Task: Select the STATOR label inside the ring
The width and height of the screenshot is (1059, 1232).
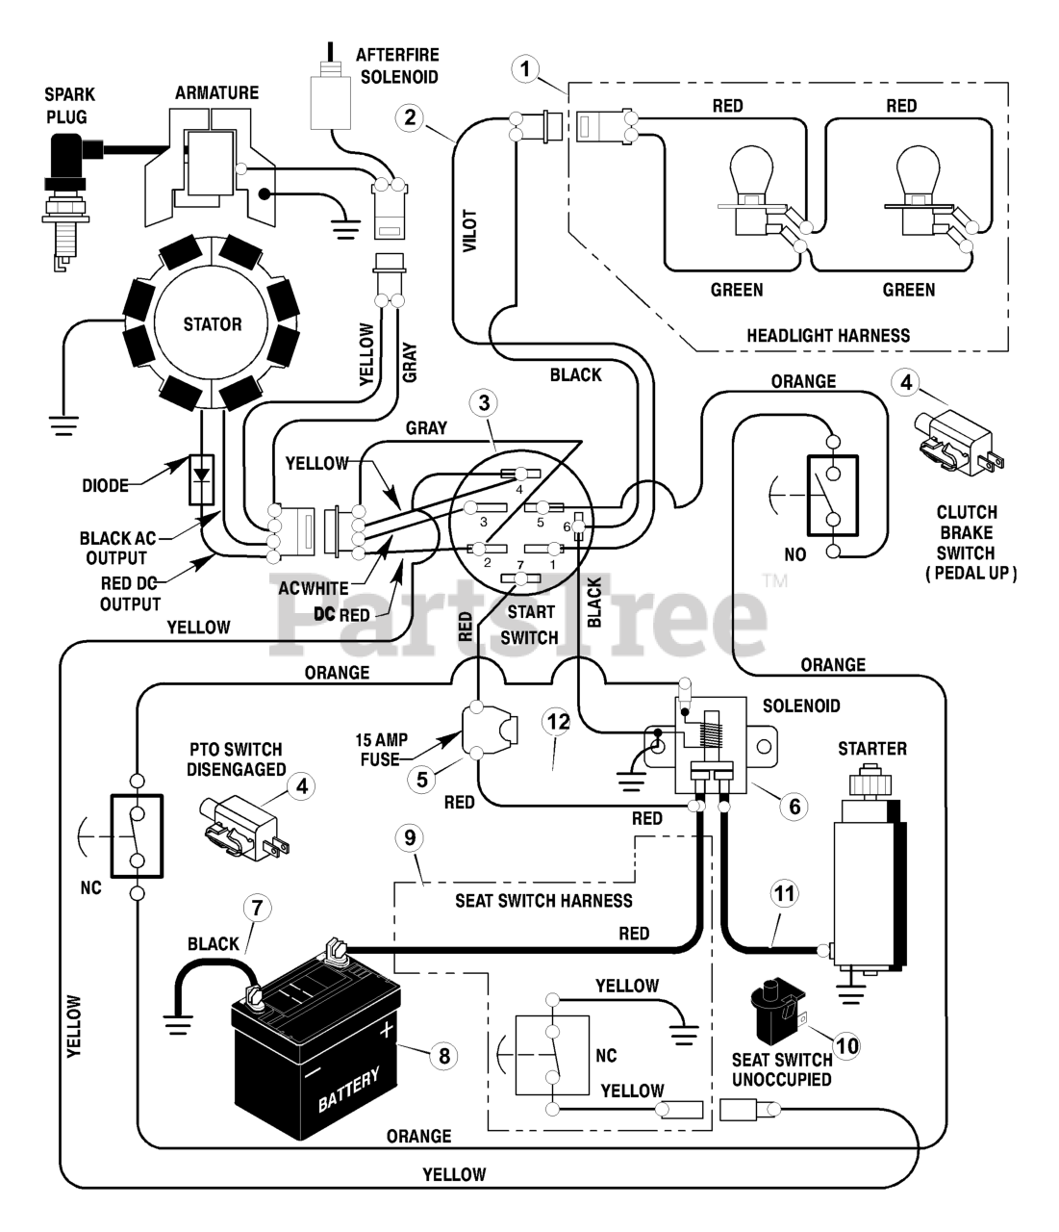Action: click(x=213, y=324)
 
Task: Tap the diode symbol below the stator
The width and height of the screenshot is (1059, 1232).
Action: click(x=202, y=479)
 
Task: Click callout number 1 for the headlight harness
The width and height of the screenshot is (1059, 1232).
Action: click(x=525, y=69)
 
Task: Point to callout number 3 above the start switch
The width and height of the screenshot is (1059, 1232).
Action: click(x=484, y=403)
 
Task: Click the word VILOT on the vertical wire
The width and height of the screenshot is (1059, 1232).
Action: click(x=470, y=231)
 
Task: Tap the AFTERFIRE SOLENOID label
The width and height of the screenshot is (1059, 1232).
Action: click(x=398, y=65)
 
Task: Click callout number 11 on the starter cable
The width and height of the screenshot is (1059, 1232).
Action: click(x=784, y=894)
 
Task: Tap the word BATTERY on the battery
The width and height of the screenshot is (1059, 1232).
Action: click(x=348, y=1090)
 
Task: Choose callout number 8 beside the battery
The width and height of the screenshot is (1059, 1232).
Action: click(x=443, y=1056)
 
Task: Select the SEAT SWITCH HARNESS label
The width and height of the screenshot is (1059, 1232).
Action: click(x=543, y=900)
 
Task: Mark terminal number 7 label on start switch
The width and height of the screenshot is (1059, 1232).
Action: click(x=520, y=564)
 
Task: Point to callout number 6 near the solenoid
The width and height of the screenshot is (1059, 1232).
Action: click(x=794, y=806)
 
